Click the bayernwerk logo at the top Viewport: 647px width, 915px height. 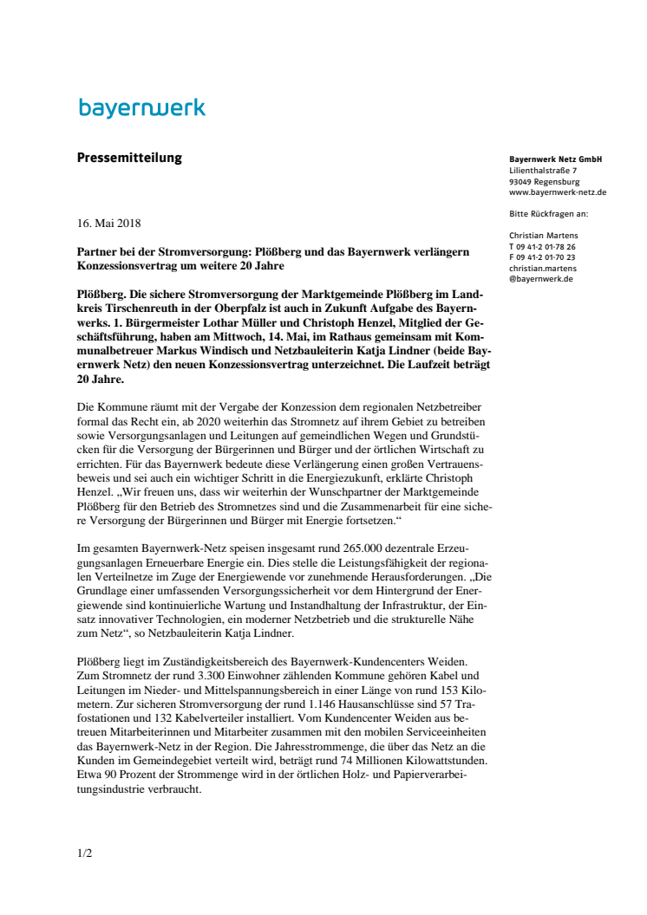click(x=142, y=108)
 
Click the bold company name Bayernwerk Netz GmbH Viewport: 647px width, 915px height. click(x=555, y=159)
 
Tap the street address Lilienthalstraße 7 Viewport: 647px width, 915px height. click(x=543, y=171)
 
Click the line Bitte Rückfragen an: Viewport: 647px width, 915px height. click(x=549, y=213)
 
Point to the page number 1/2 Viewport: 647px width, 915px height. click(x=84, y=853)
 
